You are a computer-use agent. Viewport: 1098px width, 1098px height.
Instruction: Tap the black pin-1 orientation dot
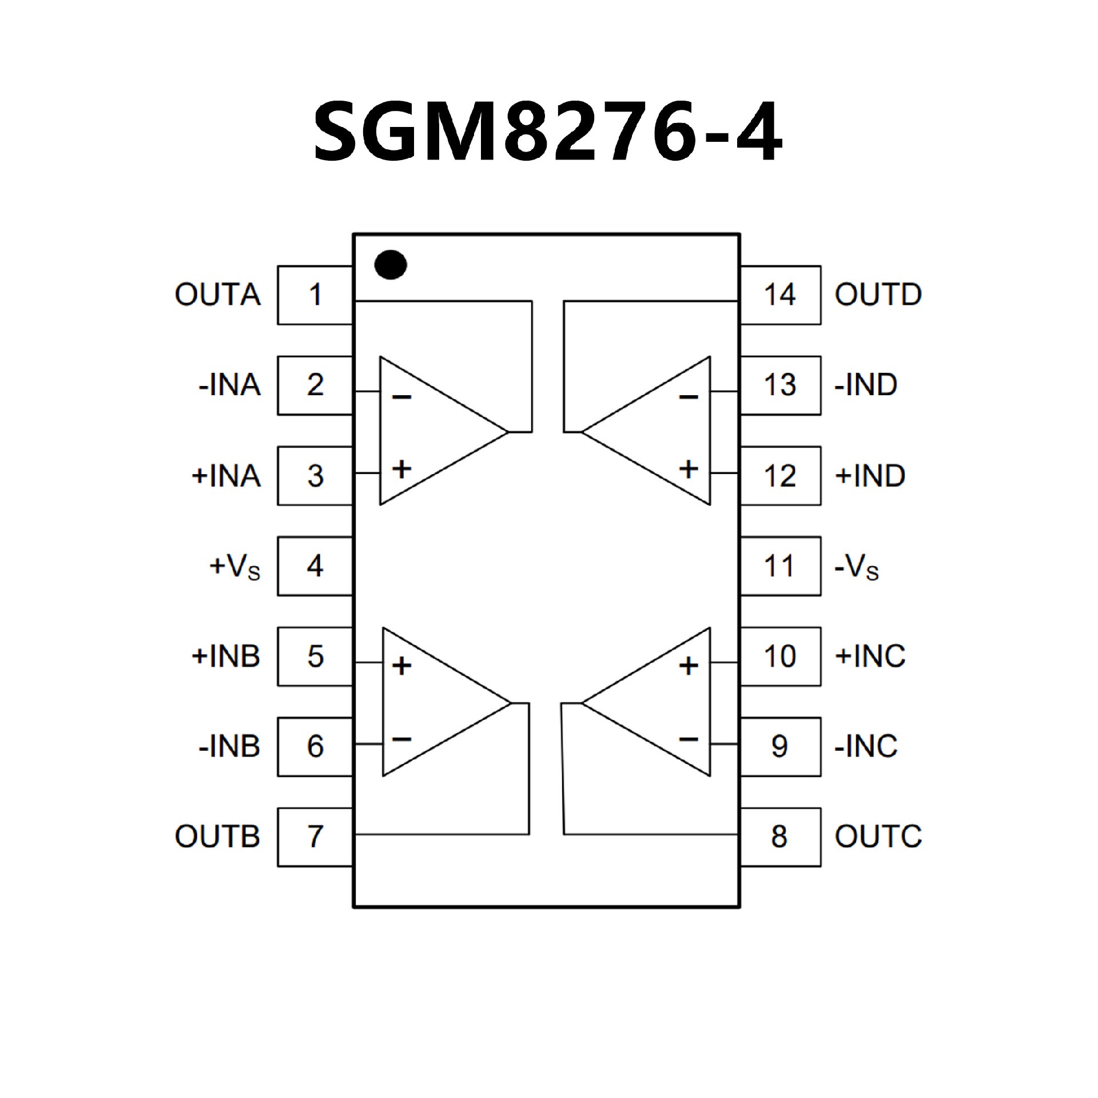pyautogui.click(x=391, y=265)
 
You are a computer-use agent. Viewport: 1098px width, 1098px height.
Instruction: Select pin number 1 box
pyautogui.click(x=315, y=295)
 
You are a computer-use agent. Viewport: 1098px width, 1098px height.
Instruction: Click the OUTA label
pyautogui.click(x=217, y=295)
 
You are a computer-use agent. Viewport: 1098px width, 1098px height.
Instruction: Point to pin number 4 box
pyautogui.click(x=315, y=566)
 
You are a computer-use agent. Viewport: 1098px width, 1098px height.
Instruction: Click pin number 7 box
pyautogui.click(x=315, y=837)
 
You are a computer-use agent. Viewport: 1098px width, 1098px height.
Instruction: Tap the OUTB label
pyautogui.click(x=217, y=837)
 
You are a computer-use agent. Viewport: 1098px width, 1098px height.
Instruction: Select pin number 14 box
pyautogui.click(x=780, y=295)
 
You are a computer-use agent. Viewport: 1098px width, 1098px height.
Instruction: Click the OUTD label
pyautogui.click(x=878, y=295)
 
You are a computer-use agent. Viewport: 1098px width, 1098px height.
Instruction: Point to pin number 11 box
pyautogui.click(x=780, y=566)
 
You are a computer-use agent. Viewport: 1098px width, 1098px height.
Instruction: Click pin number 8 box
pyautogui.click(x=780, y=837)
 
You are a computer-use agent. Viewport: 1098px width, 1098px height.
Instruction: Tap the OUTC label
pyautogui.click(x=878, y=837)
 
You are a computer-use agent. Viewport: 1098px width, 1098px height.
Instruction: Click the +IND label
pyautogui.click(x=870, y=476)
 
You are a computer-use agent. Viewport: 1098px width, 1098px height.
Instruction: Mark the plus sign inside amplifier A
pyautogui.click(x=402, y=470)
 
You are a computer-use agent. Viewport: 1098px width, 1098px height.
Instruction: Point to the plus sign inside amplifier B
pyautogui.click(x=402, y=666)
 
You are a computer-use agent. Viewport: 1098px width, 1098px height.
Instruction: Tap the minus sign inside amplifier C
pyautogui.click(x=689, y=739)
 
